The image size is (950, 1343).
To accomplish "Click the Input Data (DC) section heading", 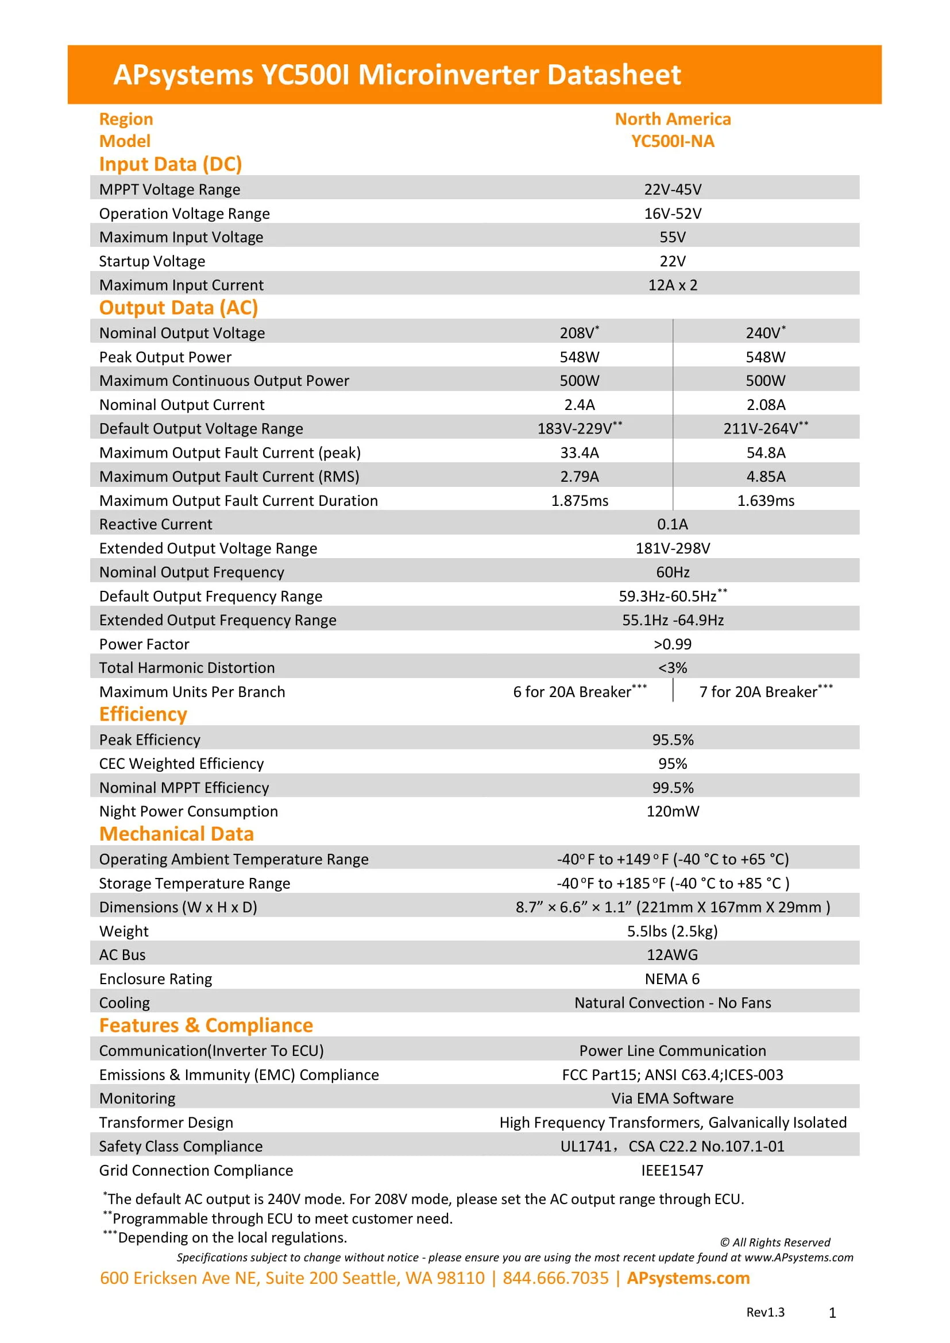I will pos(170,164).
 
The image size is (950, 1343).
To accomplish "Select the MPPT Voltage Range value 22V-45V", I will pos(672,189).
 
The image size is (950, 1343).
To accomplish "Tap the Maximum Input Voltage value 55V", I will pos(672,237).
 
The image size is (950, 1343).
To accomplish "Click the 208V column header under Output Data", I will pos(578,333).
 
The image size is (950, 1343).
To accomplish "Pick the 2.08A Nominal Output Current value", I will pos(765,405).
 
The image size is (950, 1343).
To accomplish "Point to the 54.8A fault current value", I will pos(765,452).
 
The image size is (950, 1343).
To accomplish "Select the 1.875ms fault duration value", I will pos(579,501).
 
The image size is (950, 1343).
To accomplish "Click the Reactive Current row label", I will pos(156,524).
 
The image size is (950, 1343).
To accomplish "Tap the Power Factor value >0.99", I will pos(672,644).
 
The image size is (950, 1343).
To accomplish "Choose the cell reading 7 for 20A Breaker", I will pos(765,692).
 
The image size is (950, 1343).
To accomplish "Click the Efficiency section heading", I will pos(144,714).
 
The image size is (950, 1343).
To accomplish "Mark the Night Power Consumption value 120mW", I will pos(672,811).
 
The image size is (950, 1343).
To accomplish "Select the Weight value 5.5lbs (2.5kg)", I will pos(672,931).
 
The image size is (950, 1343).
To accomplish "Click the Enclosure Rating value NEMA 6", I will pos(672,978).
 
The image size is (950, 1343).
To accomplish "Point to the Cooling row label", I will pos(124,1003).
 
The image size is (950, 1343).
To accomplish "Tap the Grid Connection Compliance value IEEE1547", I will pos(672,1170).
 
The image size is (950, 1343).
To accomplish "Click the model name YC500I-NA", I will pos(672,142).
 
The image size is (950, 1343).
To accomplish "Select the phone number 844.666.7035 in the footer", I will pos(555,1278).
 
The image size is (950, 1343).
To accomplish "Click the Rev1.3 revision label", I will pos(764,1312).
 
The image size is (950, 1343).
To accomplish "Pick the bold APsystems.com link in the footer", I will pos(688,1278).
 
